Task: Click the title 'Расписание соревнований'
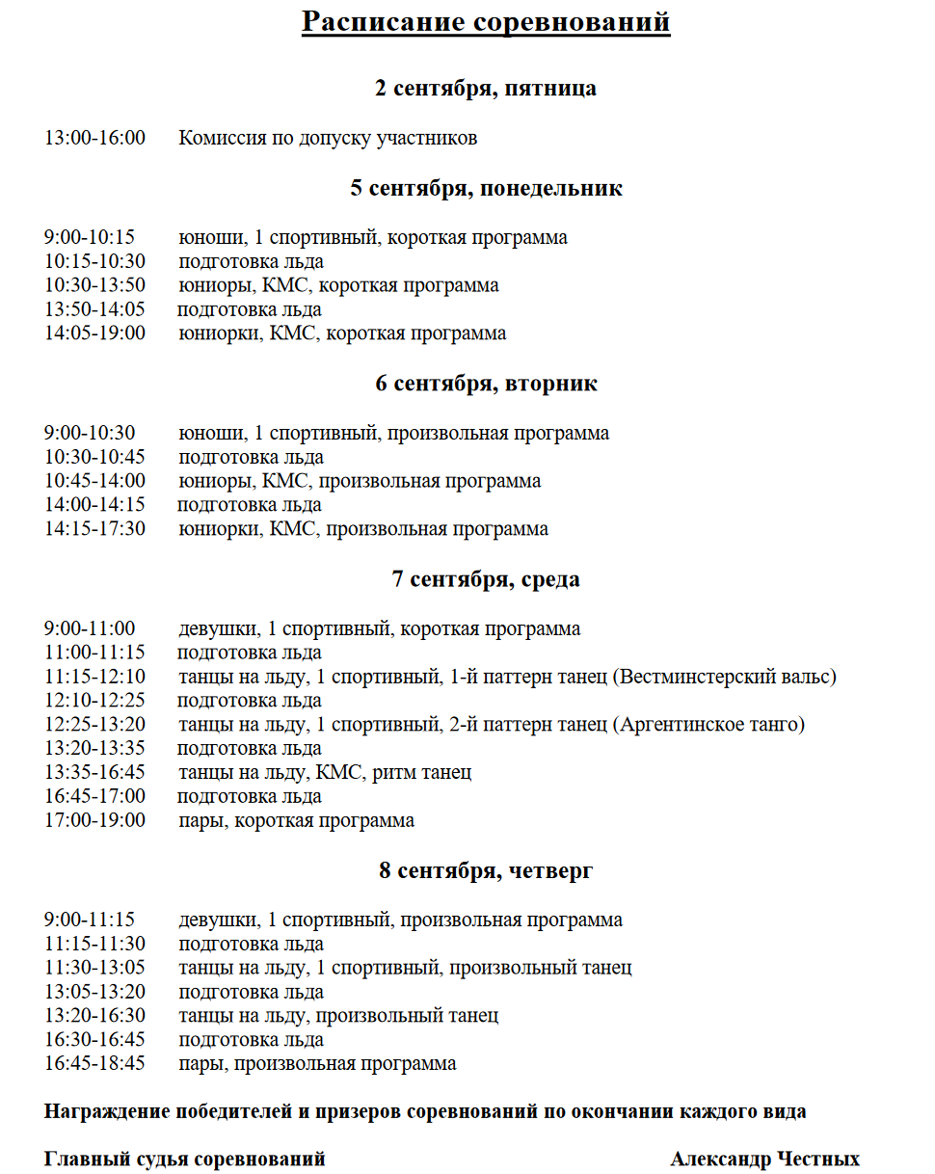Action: click(x=486, y=21)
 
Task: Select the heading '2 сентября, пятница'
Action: click(x=486, y=89)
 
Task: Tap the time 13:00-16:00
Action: click(x=94, y=138)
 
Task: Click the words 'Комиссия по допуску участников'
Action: click(x=328, y=138)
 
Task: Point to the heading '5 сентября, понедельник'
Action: click(x=486, y=188)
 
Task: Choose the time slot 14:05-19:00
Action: click(x=94, y=334)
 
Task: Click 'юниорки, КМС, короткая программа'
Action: click(x=342, y=334)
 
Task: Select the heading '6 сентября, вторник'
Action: click(x=486, y=384)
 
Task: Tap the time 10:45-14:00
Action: click(x=94, y=481)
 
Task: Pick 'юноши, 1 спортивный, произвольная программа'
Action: click(x=393, y=433)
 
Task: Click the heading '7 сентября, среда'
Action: click(x=486, y=579)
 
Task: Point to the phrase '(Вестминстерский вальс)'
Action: click(x=724, y=677)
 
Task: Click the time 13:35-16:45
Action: click(x=94, y=773)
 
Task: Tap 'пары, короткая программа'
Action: click(x=297, y=821)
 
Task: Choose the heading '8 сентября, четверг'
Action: click(x=486, y=871)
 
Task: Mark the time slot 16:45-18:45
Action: click(x=94, y=1064)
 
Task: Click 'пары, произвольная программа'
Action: click(x=317, y=1064)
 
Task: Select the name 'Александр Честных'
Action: click(x=764, y=1160)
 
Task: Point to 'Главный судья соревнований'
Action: click(x=185, y=1160)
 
